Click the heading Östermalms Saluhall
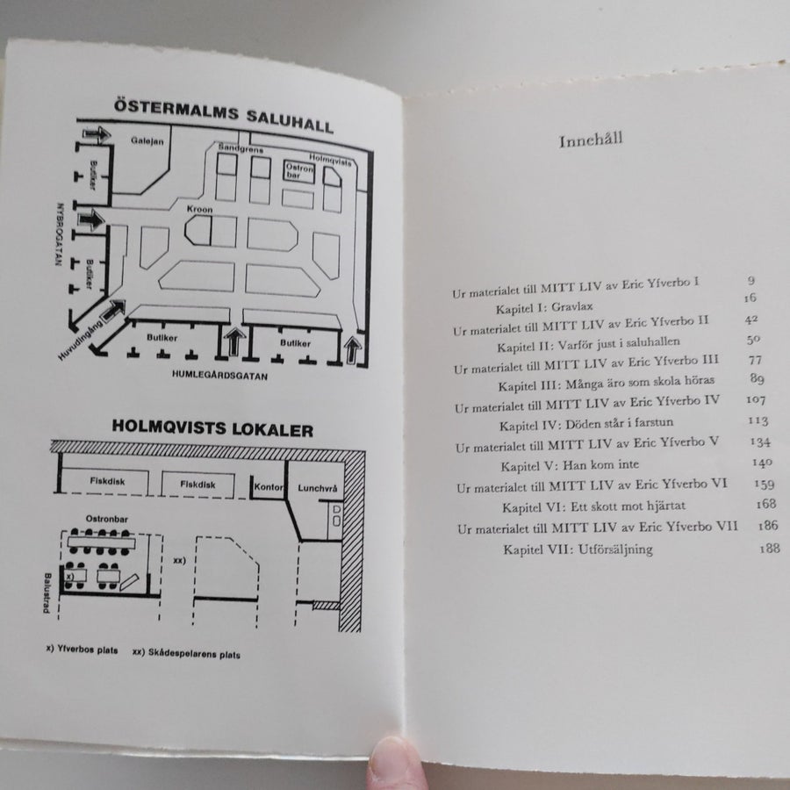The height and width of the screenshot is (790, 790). click(x=223, y=116)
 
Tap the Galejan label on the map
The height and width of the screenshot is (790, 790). click(x=147, y=141)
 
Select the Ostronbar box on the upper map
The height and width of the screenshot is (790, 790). click(x=299, y=172)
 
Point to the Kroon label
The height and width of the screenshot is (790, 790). click(x=199, y=209)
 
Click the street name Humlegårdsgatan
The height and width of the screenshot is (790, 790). click(x=219, y=376)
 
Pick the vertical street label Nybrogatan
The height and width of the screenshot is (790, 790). click(x=60, y=234)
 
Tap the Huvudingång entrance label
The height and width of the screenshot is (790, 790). click(x=81, y=341)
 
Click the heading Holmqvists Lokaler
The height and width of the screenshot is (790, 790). click(x=212, y=428)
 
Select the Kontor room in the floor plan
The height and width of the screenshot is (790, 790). click(x=268, y=486)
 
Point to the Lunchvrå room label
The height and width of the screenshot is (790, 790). click(x=318, y=488)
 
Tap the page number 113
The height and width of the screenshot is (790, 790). click(x=758, y=420)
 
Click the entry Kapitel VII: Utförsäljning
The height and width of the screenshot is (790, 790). click(x=578, y=549)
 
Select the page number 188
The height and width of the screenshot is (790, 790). click(x=769, y=548)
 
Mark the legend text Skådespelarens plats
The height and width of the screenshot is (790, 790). click(x=186, y=654)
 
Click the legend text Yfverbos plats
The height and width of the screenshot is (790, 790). click(x=82, y=650)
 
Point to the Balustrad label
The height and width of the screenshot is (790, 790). click(x=47, y=593)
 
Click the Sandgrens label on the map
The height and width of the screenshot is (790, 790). click(x=241, y=148)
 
